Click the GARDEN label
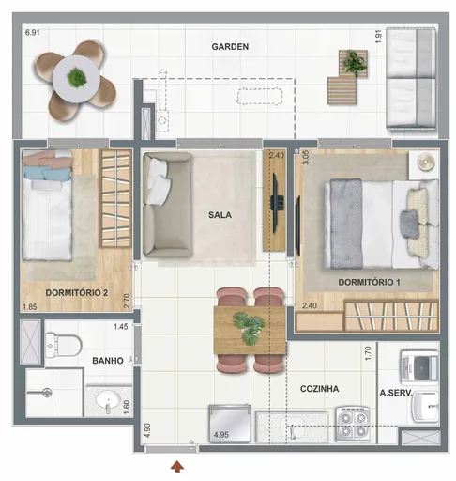229,47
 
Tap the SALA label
220,214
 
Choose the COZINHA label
320,388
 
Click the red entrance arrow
177,464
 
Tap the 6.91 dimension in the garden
33,34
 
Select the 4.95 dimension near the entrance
221,435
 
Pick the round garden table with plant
75,79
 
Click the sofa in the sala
167,205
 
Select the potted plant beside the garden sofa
355,63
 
